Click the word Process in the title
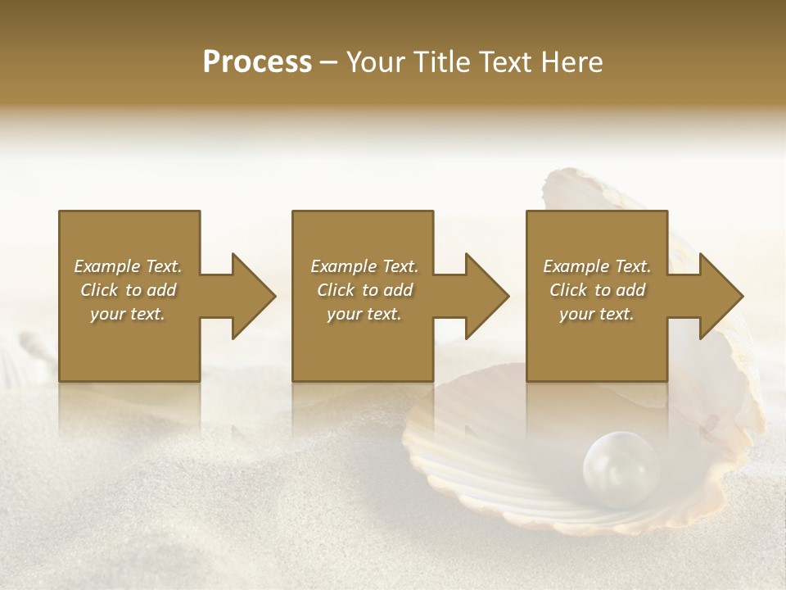257,62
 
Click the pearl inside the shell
620,469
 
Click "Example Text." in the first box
128,266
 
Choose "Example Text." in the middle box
364,266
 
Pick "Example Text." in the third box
597,266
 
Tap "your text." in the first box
128,314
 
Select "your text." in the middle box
364,314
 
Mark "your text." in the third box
597,314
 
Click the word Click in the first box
99,290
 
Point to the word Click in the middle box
336,290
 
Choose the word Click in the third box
568,290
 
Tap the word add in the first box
162,290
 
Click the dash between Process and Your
329,62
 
